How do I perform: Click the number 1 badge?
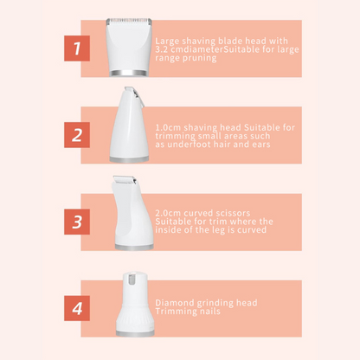coord(77,48)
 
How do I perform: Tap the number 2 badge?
coord(77,134)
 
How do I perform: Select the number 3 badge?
coord(77,222)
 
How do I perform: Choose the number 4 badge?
coord(77,307)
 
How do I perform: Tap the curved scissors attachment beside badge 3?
coord(132,216)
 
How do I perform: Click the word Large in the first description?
coord(165,41)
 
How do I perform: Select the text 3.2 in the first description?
coord(162,48)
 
